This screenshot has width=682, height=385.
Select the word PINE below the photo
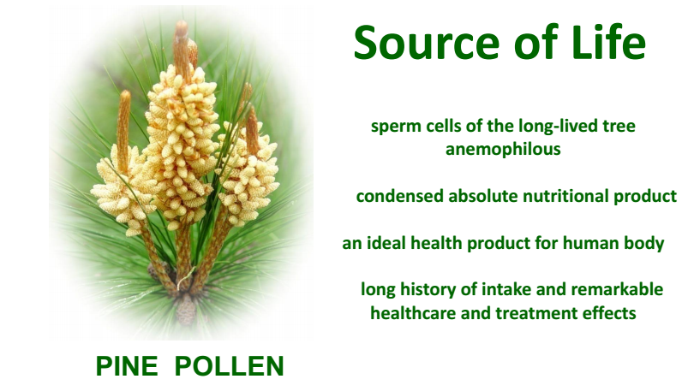coord(127,366)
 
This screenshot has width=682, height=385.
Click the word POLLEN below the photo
coord(230,366)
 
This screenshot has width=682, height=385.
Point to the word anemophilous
coord(503,149)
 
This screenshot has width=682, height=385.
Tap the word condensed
coord(400,196)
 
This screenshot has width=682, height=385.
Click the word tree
coord(619,127)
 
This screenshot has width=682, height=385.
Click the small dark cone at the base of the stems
coord(186,310)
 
